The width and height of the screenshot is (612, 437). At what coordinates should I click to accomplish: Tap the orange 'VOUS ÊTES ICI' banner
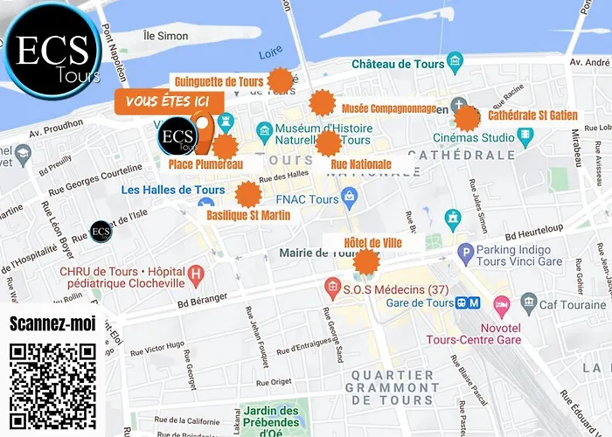pyautogui.click(x=169, y=101)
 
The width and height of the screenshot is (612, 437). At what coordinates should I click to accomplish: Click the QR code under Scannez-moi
pyautogui.click(x=52, y=385)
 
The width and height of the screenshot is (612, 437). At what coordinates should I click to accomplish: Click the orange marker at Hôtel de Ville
pyautogui.click(x=365, y=260)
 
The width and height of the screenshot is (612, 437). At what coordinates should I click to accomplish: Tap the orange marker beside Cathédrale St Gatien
pyautogui.click(x=468, y=118)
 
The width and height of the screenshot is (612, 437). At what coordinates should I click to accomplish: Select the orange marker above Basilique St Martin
pyautogui.click(x=248, y=194)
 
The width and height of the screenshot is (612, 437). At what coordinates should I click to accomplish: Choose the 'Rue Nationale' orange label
pyautogui.click(x=361, y=163)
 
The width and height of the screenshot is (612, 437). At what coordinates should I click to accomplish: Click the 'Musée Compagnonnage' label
pyautogui.click(x=389, y=108)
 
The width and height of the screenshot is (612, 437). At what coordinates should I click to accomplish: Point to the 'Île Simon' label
pyautogui.click(x=163, y=35)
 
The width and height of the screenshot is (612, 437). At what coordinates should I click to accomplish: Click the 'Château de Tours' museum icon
pyautogui.click(x=453, y=63)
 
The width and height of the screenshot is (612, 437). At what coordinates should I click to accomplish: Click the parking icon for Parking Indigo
pyautogui.click(x=466, y=253)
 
